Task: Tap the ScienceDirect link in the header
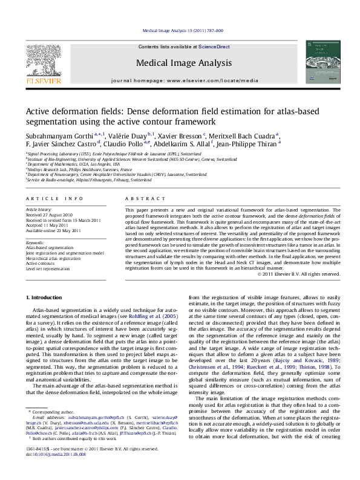[x=214, y=46]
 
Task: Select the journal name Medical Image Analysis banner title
[x=184, y=62]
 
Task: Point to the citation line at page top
[x=182, y=30]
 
